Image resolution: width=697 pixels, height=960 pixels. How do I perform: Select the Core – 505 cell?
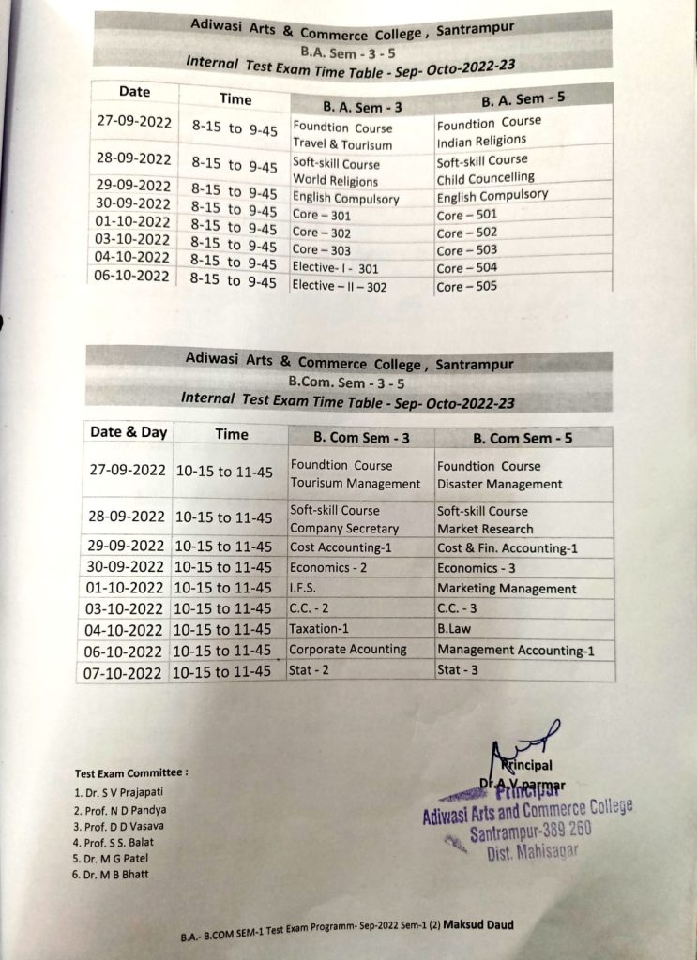(467, 286)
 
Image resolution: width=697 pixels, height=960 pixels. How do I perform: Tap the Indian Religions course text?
(481, 141)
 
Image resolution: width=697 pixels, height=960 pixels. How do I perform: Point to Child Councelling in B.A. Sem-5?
(485, 177)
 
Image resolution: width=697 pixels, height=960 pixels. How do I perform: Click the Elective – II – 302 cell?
(339, 286)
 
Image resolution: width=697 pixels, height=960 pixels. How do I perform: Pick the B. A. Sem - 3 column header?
(362, 108)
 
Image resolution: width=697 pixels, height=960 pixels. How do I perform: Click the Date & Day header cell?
(128, 432)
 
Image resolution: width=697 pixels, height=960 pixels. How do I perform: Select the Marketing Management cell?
(507, 589)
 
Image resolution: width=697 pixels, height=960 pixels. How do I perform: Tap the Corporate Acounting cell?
(348, 649)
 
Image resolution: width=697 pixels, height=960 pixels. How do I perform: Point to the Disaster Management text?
(499, 485)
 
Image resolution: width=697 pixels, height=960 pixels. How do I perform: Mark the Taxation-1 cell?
(319, 629)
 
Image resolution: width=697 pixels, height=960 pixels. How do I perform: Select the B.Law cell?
(454, 630)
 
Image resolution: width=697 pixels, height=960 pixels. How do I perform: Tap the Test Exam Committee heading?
(131, 773)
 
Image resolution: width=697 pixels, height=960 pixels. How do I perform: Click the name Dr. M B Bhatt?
(111, 874)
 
